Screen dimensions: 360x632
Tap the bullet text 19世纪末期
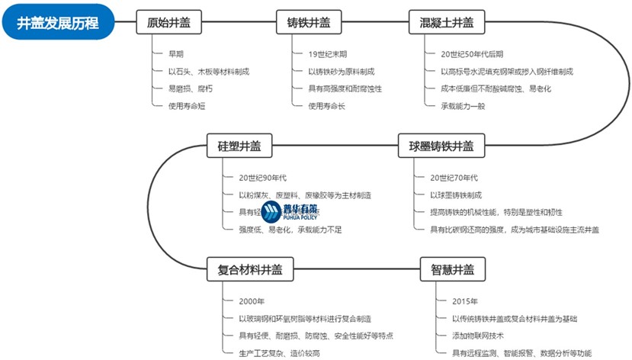pyautogui.click(x=328, y=54)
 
